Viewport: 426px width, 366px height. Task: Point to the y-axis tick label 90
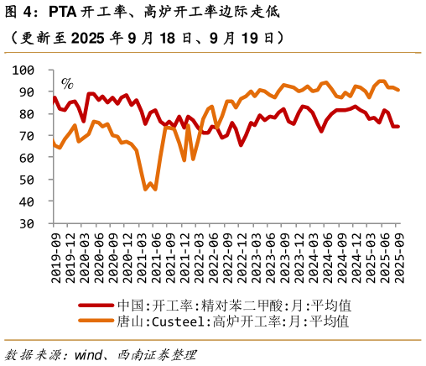27,91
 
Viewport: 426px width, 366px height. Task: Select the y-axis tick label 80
27,113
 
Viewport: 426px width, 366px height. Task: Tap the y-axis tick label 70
27,135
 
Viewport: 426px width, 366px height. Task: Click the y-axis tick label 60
27,158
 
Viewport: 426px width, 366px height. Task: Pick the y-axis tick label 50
27,180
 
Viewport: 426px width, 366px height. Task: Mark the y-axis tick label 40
27,201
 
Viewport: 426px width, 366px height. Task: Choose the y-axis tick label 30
27,223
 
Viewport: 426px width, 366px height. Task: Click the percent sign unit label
67,83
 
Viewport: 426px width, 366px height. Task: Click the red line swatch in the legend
96,306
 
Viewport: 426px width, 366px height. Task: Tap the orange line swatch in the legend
96,321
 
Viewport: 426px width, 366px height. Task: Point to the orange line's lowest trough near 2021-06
155,189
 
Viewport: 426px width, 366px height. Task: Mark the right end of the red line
398,127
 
